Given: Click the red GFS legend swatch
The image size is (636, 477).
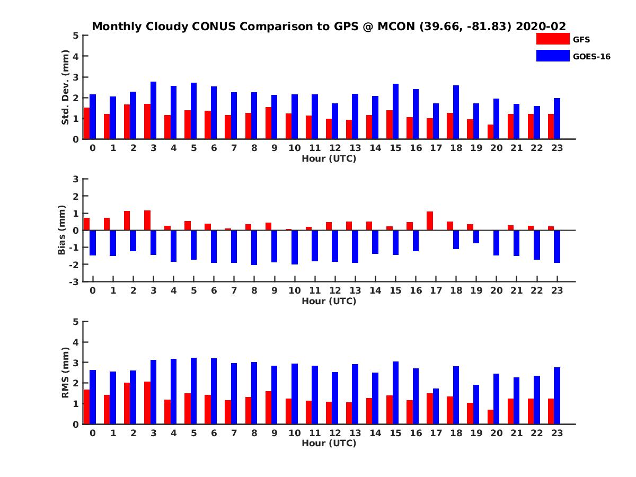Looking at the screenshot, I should tap(553, 39).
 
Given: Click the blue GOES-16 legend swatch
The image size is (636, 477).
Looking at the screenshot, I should tap(553, 56).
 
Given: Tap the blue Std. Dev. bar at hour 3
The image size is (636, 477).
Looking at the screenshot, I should tap(153, 110).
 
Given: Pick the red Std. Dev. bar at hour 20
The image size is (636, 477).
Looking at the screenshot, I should tap(491, 132).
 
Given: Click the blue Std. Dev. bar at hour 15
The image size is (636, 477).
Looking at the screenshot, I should tap(395, 111).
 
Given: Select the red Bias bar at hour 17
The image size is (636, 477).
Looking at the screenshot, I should tap(430, 221).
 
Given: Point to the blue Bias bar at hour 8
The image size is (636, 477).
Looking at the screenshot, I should tap(254, 248).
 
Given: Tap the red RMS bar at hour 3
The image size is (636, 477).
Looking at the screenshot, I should tap(147, 403).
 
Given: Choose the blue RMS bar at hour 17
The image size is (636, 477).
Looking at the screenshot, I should tap(436, 406).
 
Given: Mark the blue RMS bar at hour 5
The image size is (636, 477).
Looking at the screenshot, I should tap(193, 391).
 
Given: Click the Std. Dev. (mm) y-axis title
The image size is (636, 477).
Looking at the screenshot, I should tap(66, 87).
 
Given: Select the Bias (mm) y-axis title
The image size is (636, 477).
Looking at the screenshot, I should tap(62, 230).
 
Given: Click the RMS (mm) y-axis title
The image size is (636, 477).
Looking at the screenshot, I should tap(66, 373).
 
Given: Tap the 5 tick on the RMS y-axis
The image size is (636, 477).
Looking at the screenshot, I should tap(76, 322).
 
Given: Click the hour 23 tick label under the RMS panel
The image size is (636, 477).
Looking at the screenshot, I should tap(556, 432).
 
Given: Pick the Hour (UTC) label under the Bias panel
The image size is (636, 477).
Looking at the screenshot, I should tap(329, 301).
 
